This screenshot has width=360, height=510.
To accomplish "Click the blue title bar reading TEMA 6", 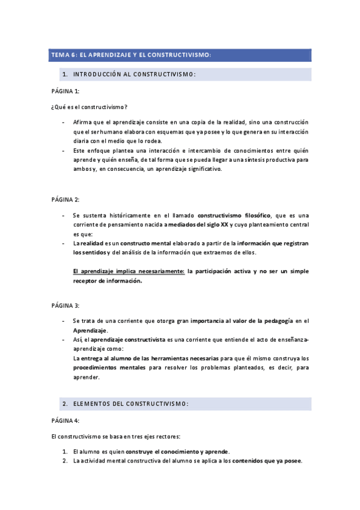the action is point(180,55).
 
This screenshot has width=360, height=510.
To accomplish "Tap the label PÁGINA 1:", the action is point(65,91).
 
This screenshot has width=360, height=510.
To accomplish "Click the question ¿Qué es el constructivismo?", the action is point(89,107).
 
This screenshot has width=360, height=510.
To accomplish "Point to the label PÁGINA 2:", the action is point(65,199).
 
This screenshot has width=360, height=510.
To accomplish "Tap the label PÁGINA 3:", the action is point(65,306).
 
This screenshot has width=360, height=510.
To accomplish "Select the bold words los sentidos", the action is point(90,252).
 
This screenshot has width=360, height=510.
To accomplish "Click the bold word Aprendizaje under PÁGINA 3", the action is point(90,331).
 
